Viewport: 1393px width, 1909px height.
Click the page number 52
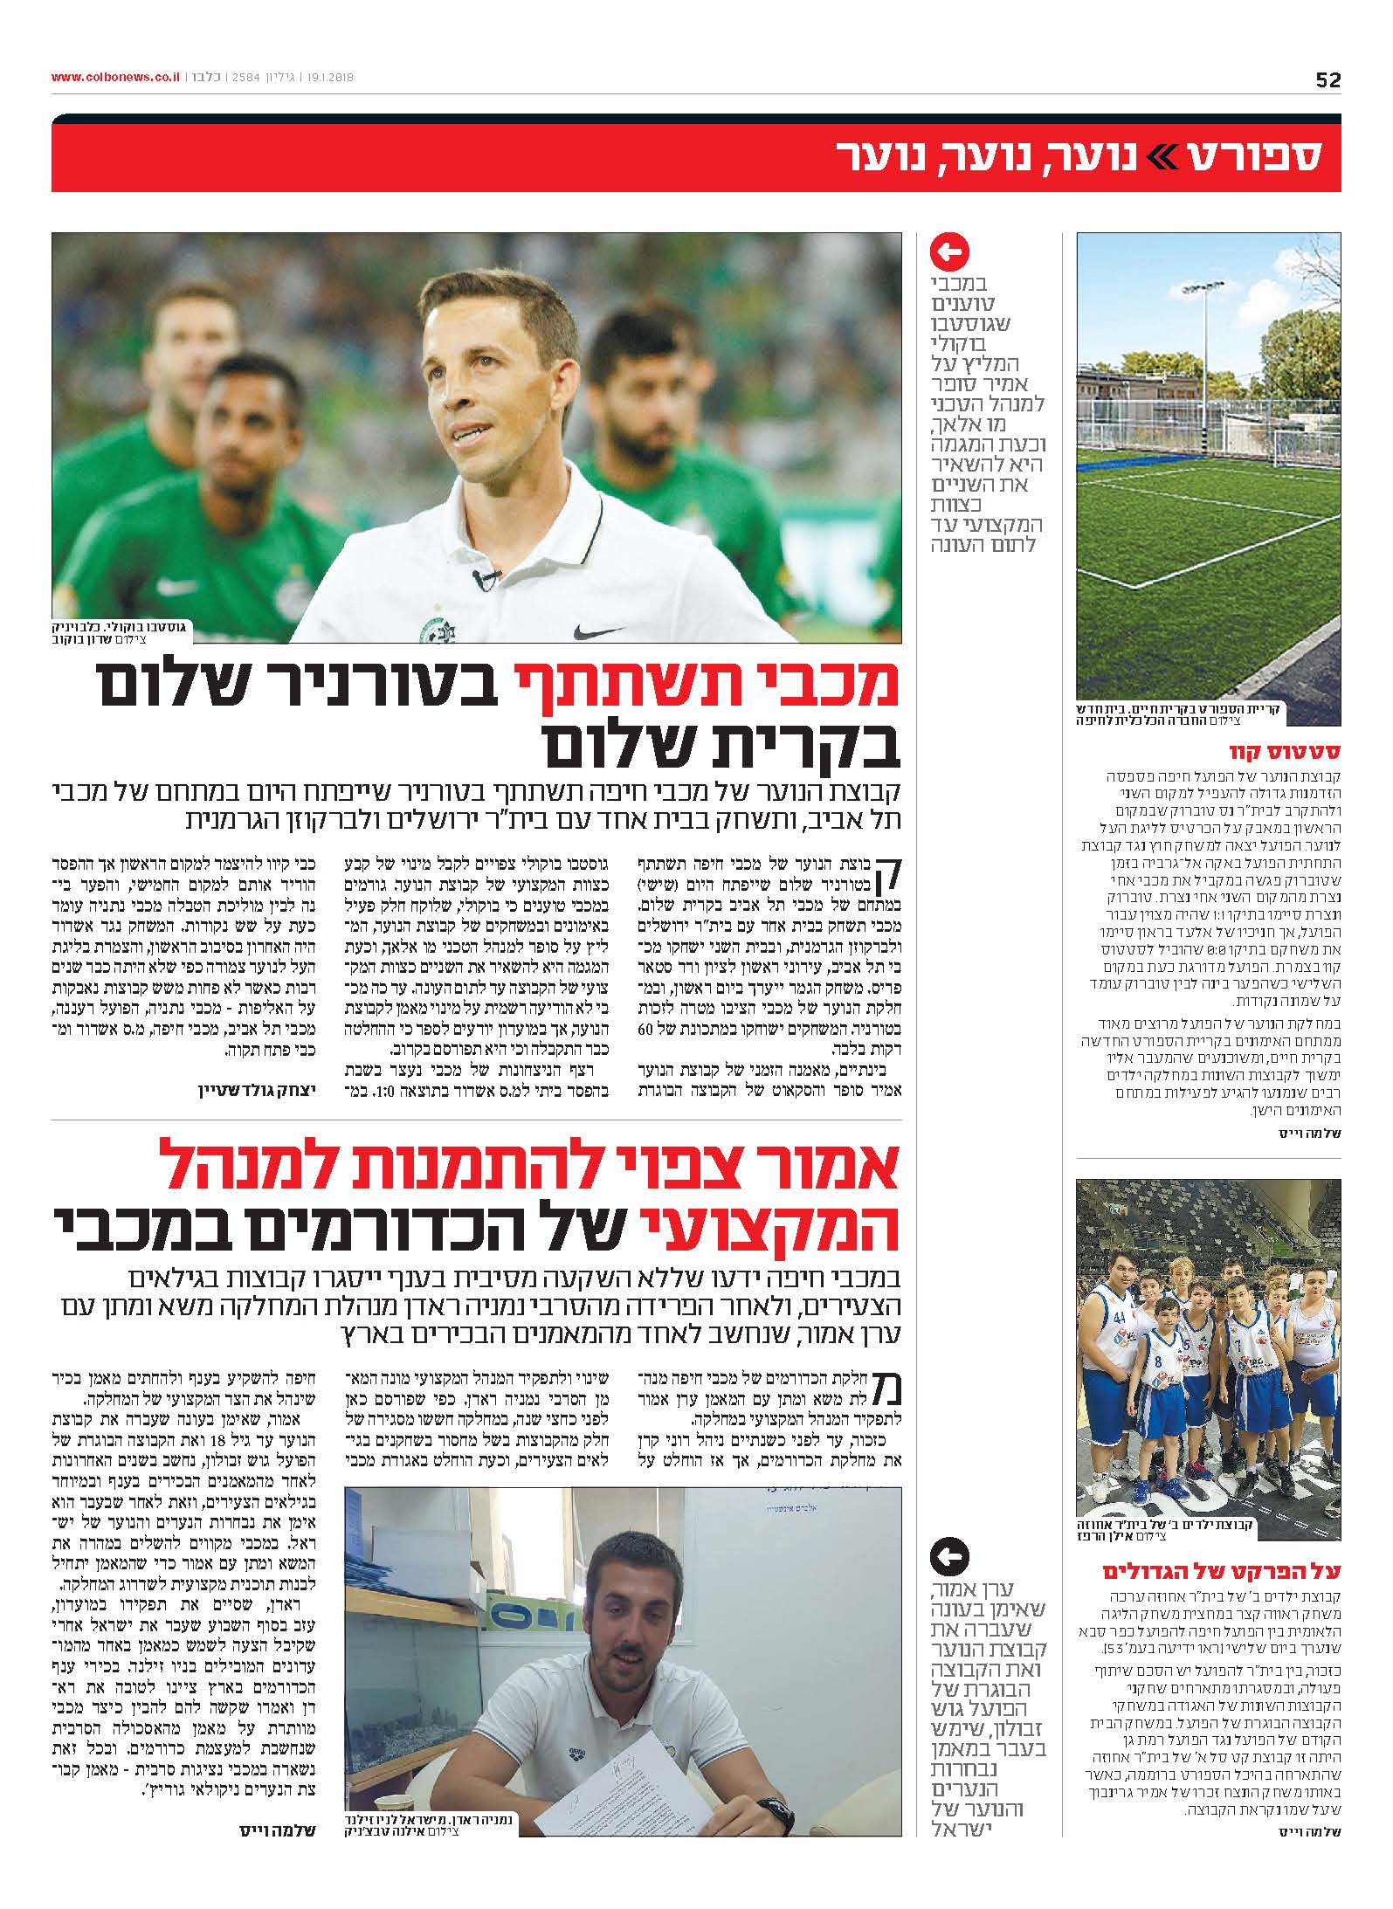pyautogui.click(x=1327, y=79)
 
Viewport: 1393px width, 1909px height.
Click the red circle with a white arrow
pyautogui.click(x=951, y=254)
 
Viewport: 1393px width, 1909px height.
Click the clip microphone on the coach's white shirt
pyautogui.click(x=486, y=576)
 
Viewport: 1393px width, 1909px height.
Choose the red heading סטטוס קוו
pyautogui.click(x=1302, y=751)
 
